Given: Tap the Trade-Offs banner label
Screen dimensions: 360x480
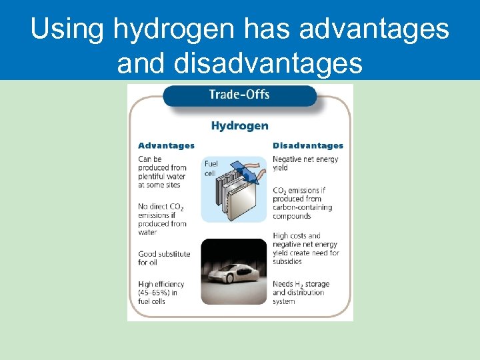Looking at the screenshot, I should [239, 94].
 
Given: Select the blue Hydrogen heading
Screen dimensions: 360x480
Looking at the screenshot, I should [239, 125].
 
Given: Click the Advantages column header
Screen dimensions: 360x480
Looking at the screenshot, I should [166, 145].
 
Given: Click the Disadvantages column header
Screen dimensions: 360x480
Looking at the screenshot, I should [307, 145].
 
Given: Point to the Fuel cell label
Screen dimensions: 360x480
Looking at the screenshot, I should [211, 168].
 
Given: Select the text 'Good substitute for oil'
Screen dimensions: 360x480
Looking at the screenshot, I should [164, 258].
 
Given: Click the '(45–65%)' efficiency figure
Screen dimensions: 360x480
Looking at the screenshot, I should [153, 293].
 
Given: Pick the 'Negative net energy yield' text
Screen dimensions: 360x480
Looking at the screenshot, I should [305, 163].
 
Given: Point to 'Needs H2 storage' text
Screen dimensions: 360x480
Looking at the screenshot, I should [301, 284].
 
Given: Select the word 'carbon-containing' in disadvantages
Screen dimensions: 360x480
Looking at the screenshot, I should [306, 207].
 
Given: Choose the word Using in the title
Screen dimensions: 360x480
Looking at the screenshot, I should [67, 30].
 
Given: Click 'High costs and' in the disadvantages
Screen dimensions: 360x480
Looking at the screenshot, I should [297, 235].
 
